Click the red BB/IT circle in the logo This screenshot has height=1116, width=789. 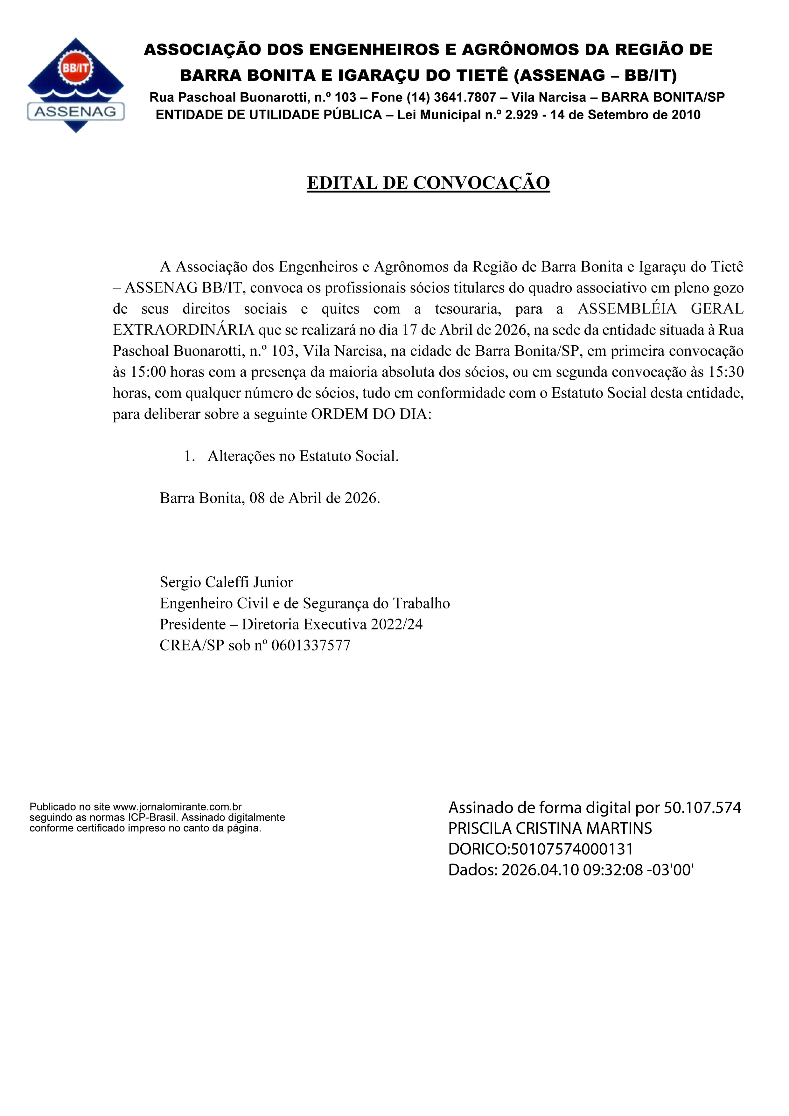76,68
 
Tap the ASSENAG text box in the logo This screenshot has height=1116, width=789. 76,111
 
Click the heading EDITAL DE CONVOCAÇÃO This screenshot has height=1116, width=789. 428,183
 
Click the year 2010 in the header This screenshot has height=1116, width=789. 686,115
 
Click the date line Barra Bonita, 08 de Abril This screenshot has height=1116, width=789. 270,498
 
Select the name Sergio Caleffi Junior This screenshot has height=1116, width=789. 227,582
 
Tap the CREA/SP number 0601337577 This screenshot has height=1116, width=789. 311,645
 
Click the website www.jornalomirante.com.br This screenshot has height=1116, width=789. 177,807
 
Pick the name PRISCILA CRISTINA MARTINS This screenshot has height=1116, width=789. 550,828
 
